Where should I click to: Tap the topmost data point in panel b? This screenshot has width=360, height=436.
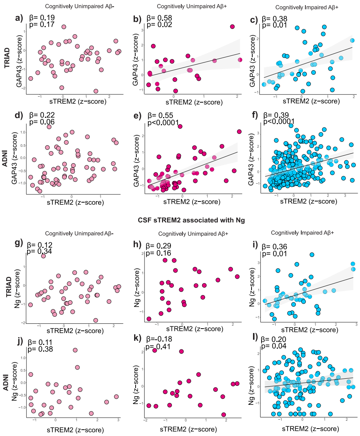pyautogui.click(x=232, y=27)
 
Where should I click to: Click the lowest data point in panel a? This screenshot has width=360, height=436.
pyautogui.click(x=96, y=91)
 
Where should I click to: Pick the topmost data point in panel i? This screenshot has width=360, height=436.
pyautogui.click(x=312, y=255)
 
